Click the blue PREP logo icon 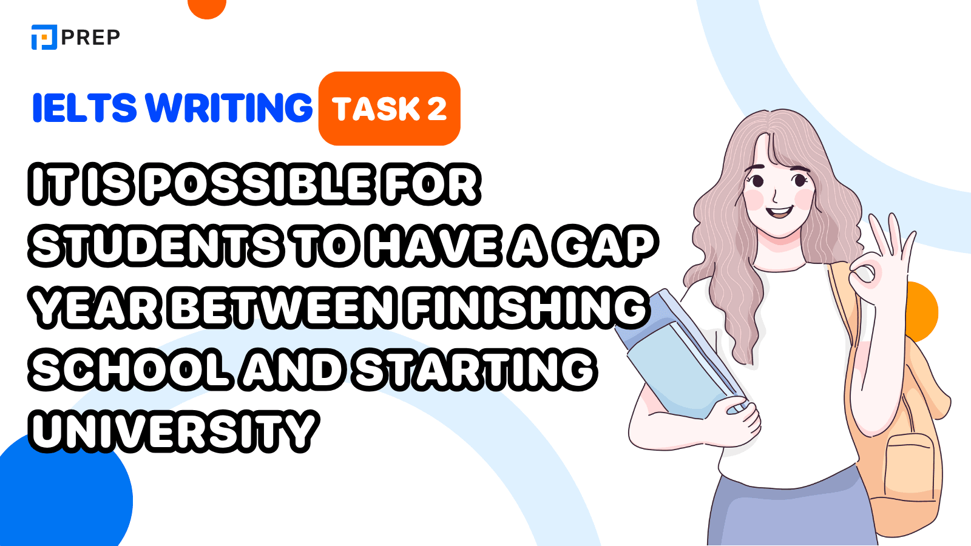[x=44, y=37]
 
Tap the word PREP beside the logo [x=90, y=38]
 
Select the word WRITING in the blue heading [x=228, y=107]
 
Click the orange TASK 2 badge [x=389, y=109]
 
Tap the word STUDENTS [x=156, y=246]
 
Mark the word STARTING [x=475, y=369]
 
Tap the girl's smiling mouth [x=779, y=212]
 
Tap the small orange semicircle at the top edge [x=207, y=8]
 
